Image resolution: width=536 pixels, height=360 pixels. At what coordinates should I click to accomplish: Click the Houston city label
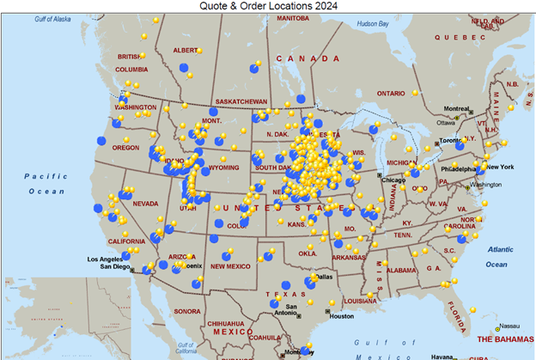(x=341, y=316)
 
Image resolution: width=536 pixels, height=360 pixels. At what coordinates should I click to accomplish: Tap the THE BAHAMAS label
(x=506, y=339)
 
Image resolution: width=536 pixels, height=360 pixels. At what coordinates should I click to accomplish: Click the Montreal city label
(x=456, y=108)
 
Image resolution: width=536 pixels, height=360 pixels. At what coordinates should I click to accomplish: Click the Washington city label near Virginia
(x=485, y=185)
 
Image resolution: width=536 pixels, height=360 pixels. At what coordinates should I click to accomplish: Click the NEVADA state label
(x=145, y=204)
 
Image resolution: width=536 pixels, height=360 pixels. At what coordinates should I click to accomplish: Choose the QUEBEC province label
(x=460, y=38)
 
